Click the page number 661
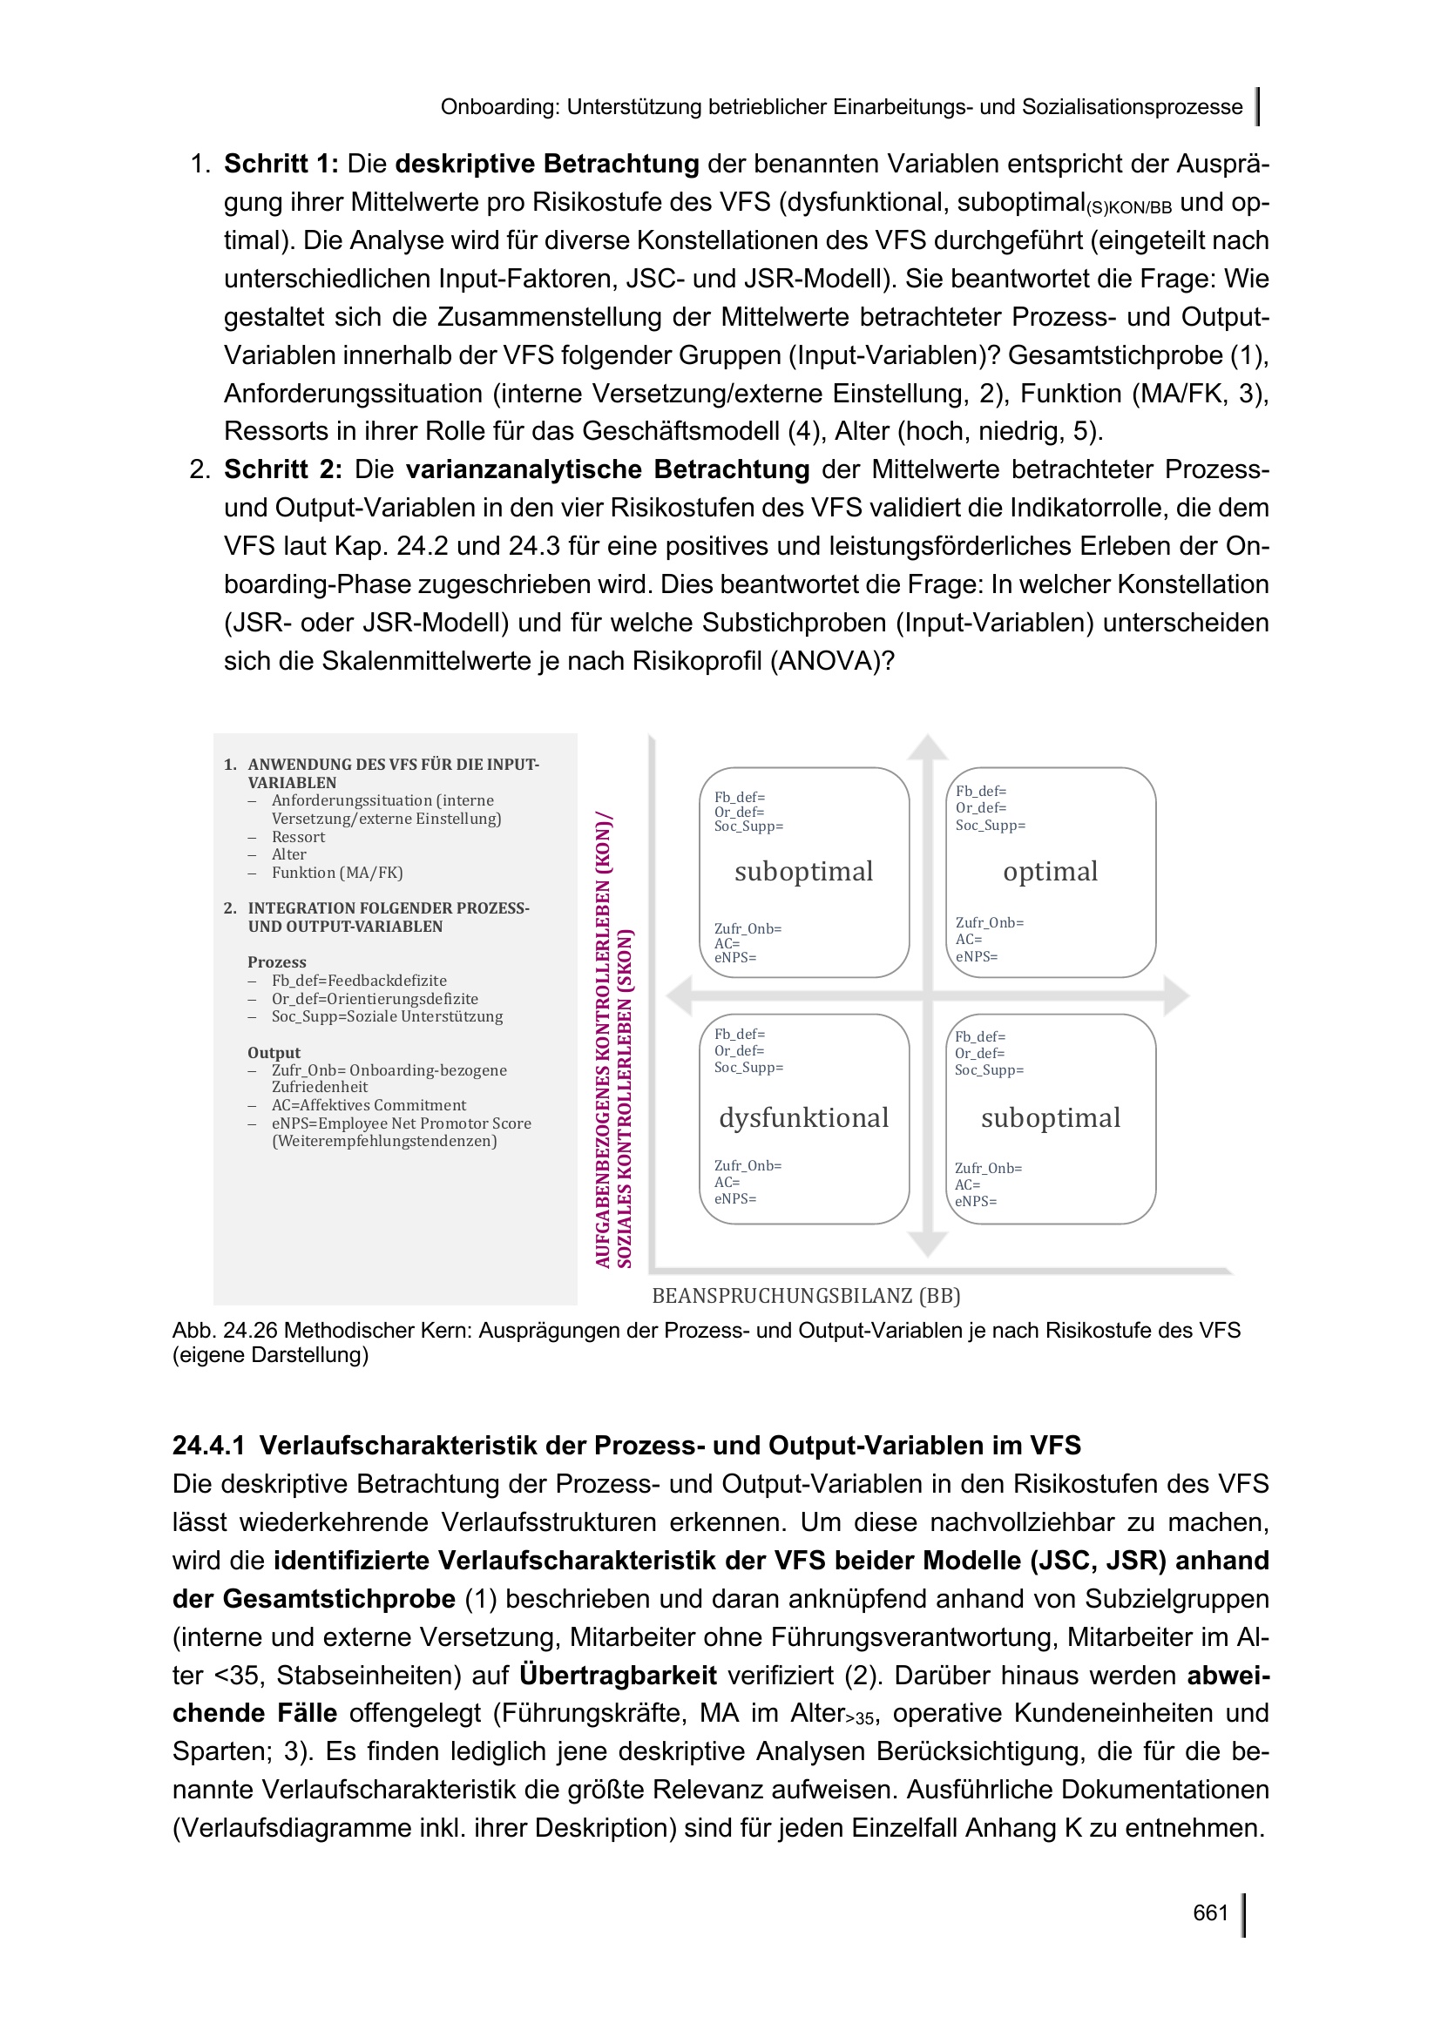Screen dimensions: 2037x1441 pos(1209,1912)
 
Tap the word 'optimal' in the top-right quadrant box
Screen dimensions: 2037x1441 pos(1050,871)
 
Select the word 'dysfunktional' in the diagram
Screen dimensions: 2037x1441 pos(803,1118)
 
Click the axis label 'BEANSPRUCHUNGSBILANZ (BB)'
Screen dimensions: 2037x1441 pos(806,1295)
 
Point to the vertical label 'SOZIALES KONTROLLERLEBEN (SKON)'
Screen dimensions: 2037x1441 pos(625,1098)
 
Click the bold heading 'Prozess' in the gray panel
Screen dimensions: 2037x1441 pos(277,961)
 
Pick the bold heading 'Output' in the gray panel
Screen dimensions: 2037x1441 pos(274,1052)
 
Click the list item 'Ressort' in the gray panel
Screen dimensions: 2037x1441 pos(298,837)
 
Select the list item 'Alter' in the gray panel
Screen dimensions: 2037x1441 pos(289,854)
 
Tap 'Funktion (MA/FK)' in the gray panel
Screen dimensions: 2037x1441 pos(337,872)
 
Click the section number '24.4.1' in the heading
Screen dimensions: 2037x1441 pos(207,1446)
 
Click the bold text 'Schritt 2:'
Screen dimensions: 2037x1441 pos(282,469)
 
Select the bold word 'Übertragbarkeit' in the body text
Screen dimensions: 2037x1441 pos(618,1675)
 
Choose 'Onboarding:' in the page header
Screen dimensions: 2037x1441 pos(499,107)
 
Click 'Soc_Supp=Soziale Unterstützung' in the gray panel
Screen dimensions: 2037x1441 pos(387,1015)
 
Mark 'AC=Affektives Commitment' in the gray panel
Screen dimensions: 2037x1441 pos(369,1104)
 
